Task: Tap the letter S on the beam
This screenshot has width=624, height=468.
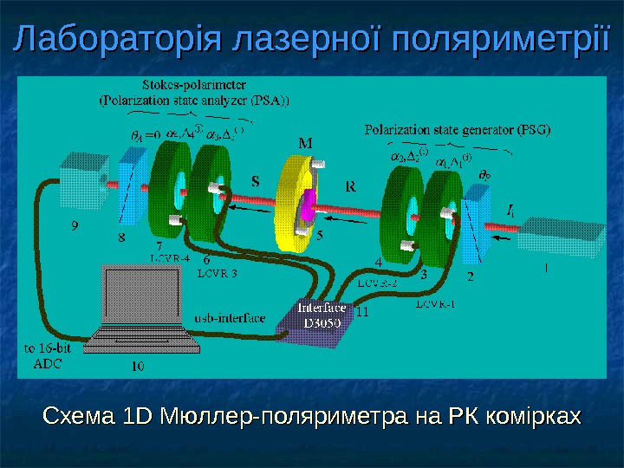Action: click(256, 183)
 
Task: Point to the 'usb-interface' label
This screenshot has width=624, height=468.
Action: click(230, 318)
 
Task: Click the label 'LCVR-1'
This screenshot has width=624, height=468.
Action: click(434, 304)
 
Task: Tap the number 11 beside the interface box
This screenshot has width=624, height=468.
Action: click(363, 312)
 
